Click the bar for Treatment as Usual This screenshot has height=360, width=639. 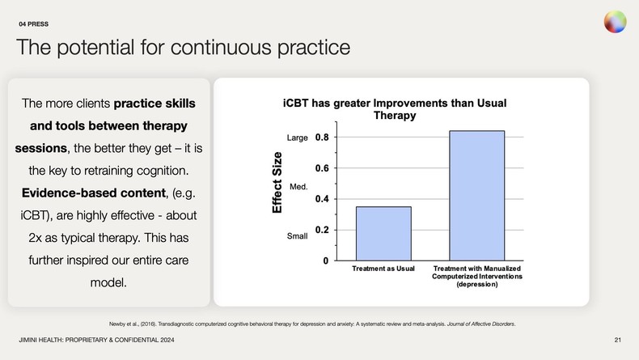(x=383, y=233)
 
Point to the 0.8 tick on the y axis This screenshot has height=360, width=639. (x=321, y=138)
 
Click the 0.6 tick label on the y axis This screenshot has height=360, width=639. (x=321, y=168)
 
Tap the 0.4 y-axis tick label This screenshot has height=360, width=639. (x=321, y=199)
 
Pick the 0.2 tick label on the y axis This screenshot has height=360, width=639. (x=321, y=230)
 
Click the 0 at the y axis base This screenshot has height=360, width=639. (x=326, y=260)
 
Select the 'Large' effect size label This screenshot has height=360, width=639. (x=298, y=138)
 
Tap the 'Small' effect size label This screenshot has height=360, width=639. (x=298, y=236)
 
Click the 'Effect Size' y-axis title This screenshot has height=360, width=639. (x=277, y=183)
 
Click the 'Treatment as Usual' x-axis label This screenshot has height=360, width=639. (x=383, y=268)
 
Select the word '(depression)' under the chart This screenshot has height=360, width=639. (x=477, y=285)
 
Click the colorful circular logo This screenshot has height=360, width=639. (x=615, y=23)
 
